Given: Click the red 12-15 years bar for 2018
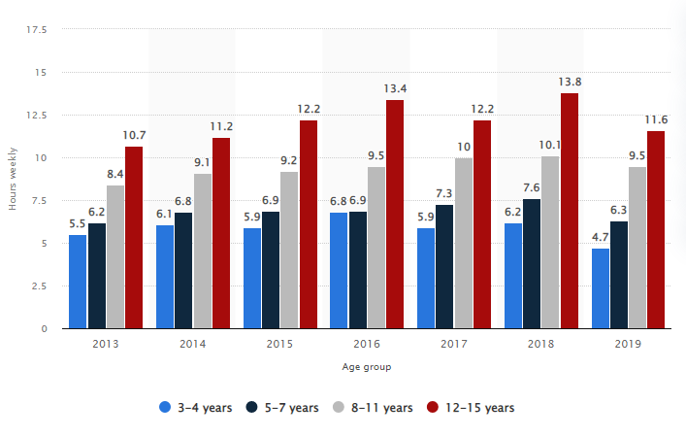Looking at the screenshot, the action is pos(570,211).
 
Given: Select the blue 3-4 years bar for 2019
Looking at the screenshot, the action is pos(601,288).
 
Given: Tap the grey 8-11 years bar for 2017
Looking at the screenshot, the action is pos(463,244).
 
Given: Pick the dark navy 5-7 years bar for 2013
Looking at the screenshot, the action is pos(97,276).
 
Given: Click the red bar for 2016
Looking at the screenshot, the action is pos(395,214).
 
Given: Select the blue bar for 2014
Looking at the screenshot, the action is pos(165,277).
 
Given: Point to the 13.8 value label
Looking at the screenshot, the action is pos(570,82).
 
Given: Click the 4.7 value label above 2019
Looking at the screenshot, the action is pos(601,237).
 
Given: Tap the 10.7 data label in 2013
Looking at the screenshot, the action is pos(134,135).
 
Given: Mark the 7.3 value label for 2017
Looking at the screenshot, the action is pos(443,193).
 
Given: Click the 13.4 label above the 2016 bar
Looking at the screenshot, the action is pos(395,89).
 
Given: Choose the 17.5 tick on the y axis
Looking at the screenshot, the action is pos(36,30).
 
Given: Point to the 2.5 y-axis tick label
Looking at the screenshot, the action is pos(39,286).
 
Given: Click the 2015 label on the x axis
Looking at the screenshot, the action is pos(279,344).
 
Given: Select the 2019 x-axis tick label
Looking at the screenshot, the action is pos(628,344).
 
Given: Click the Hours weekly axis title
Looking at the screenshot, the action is pos(13,179).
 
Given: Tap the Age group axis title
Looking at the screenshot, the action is pos(367,367).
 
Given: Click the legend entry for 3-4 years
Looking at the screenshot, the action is pos(196,408).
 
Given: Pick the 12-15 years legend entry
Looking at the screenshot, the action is pos(471,408).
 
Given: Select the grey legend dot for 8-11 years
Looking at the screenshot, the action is pos(339,407).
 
